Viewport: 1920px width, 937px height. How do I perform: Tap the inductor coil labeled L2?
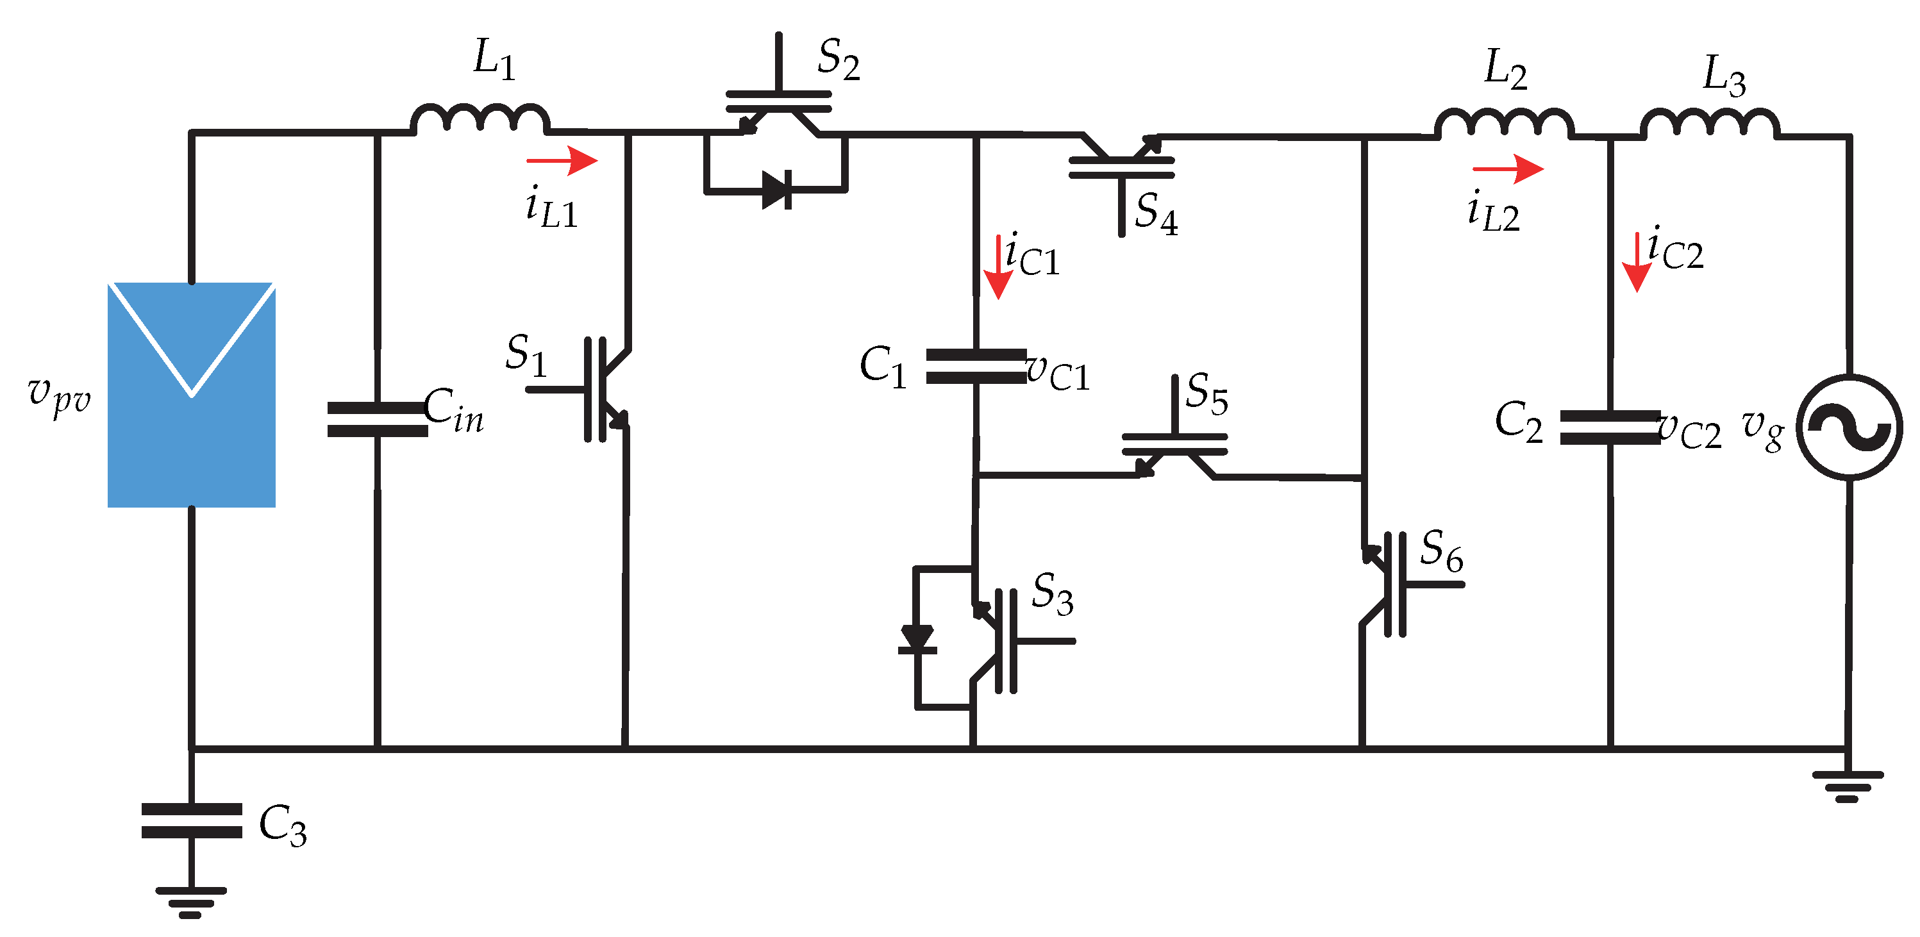[1504, 123]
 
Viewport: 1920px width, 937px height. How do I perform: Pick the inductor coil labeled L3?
[1710, 123]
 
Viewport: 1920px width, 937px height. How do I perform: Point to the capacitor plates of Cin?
[378, 420]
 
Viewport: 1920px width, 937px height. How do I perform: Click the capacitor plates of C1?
[976, 367]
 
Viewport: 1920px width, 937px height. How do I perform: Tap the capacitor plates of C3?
[192, 821]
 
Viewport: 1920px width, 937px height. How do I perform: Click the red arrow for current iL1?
[562, 160]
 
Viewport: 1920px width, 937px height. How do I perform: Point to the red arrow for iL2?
[1508, 169]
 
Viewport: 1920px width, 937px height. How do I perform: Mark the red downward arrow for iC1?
[998, 269]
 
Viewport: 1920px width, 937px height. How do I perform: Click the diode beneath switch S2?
[776, 190]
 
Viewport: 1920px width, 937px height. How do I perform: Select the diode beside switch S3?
[917, 640]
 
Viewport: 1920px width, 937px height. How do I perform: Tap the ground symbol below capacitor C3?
[191, 902]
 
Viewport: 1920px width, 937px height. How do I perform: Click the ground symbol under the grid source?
[1848, 786]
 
